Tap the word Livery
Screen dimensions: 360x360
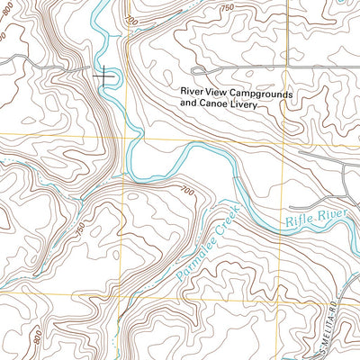click(x=240, y=104)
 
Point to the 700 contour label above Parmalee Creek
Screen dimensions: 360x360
click(x=186, y=191)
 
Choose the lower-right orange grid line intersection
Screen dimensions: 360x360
click(x=282, y=303)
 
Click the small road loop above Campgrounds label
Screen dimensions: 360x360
click(x=200, y=70)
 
